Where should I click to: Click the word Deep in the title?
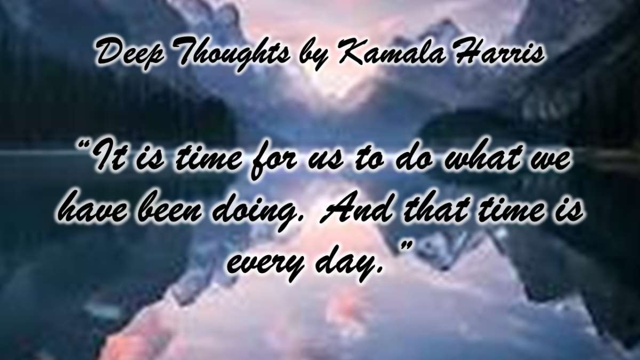click(x=130, y=55)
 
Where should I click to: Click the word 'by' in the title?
click(x=314, y=57)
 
